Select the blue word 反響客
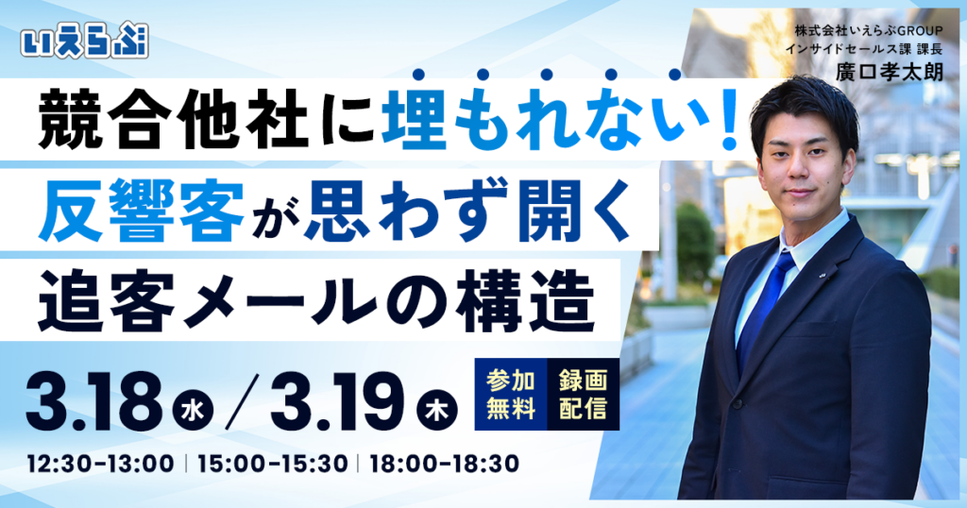tap(143, 215)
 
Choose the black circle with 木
tap(436, 412)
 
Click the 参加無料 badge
tap(511, 395)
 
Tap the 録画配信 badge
tap(583, 395)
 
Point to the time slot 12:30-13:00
tap(101, 465)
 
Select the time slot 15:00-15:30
tap(272, 465)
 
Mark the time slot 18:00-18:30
tap(444, 465)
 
